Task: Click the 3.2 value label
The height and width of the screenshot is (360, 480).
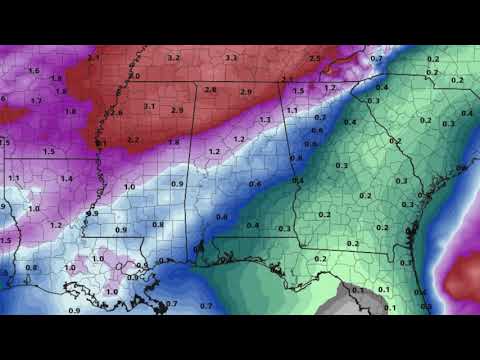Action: [173, 58]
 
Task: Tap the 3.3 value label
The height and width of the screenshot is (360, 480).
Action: [231, 59]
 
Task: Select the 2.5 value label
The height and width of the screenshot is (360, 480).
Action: [315, 58]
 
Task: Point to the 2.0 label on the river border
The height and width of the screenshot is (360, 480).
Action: [135, 76]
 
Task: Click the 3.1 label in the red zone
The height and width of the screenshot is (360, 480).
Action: [149, 106]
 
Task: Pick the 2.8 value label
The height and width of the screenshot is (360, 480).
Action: [210, 90]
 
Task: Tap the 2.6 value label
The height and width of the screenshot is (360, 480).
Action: [117, 113]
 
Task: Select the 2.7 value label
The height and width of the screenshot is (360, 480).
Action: [133, 140]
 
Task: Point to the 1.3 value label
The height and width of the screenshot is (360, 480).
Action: [264, 120]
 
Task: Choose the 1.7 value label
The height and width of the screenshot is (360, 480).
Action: [36, 101]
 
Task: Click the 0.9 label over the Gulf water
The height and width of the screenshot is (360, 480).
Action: [74, 311]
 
